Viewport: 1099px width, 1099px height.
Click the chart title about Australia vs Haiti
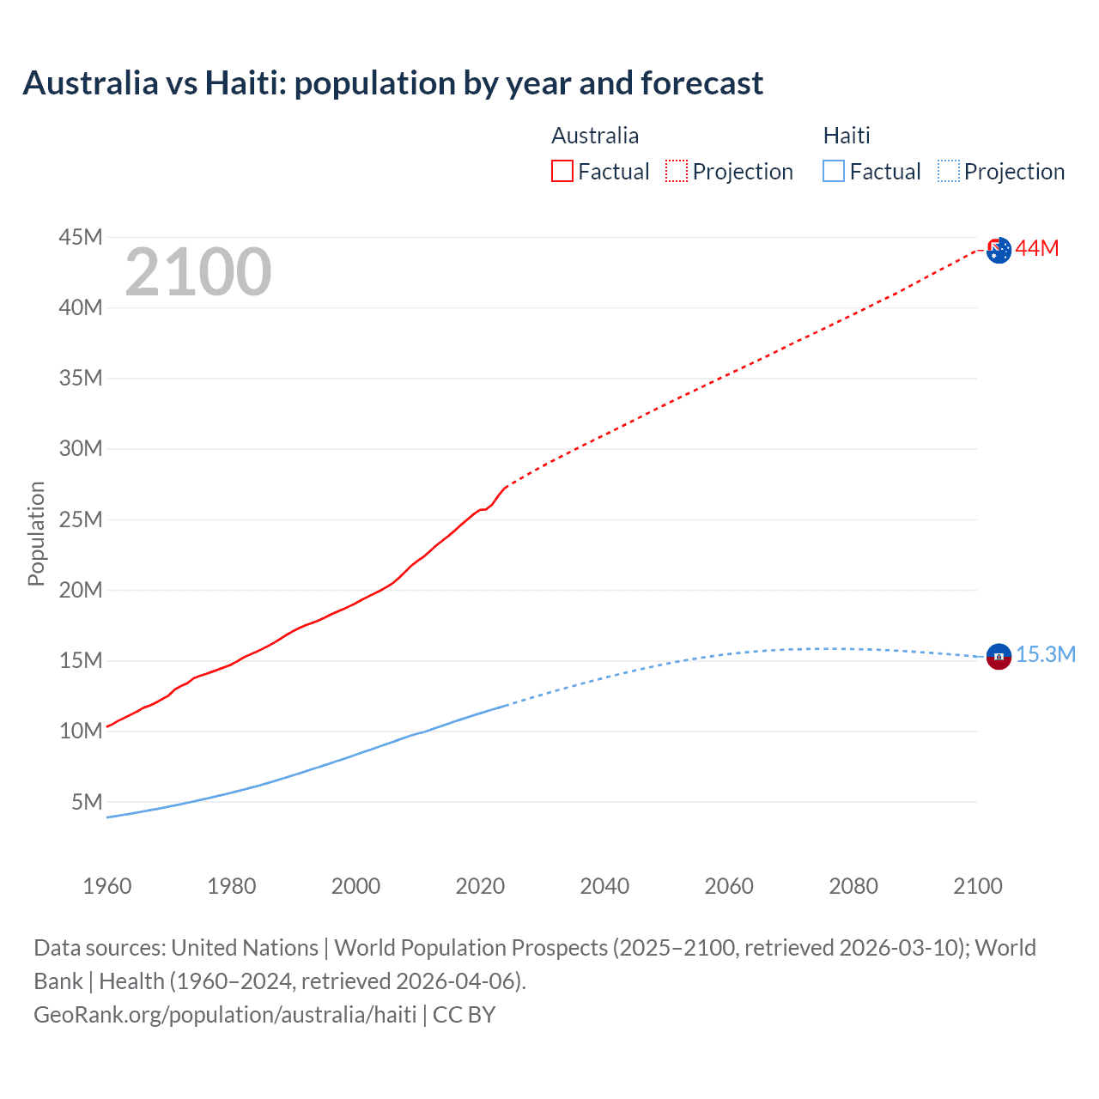click(x=392, y=83)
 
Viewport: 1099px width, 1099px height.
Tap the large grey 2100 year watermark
click(x=198, y=272)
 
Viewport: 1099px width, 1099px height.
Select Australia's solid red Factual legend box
click(x=562, y=171)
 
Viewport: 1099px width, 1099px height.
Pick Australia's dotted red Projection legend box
click(x=677, y=171)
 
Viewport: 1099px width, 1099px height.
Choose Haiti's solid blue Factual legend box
click(x=834, y=171)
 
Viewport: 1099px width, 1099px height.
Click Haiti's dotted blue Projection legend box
click(x=949, y=171)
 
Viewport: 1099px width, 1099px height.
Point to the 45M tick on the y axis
click(x=81, y=237)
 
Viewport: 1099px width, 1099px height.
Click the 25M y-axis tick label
click(x=81, y=519)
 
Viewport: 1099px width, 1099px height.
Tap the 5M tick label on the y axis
click(x=87, y=802)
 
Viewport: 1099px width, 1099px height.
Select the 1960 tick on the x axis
click(x=107, y=886)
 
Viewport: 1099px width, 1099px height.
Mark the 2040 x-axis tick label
click(x=604, y=886)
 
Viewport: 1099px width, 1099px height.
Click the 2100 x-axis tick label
click(x=977, y=886)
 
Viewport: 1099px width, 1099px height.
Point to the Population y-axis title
click(x=36, y=533)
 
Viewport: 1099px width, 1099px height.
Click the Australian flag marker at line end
click(x=999, y=250)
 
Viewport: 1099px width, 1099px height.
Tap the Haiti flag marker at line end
click(x=999, y=657)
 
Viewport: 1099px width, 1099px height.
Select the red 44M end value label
click(x=1037, y=249)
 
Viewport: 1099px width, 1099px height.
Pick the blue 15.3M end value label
click(x=1046, y=655)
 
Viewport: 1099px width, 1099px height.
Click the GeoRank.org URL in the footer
click(x=225, y=1015)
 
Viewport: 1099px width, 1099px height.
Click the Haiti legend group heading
click(x=847, y=136)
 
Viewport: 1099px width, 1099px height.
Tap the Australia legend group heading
click(x=595, y=136)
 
